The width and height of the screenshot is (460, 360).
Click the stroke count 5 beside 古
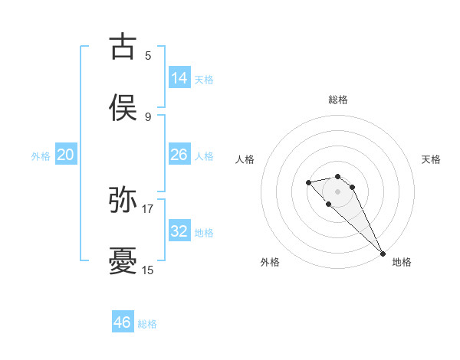[x=148, y=55]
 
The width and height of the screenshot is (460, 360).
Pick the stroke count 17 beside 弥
[x=148, y=208]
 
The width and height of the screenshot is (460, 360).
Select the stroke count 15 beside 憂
[x=148, y=270]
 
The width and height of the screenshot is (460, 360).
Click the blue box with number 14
[x=179, y=78]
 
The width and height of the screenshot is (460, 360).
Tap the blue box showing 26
[x=179, y=155]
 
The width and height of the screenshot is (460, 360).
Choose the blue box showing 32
[x=179, y=231]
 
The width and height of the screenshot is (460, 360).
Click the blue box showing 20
[x=66, y=155]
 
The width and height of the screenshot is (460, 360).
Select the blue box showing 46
[x=123, y=322]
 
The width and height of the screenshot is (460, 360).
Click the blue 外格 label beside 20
[x=41, y=156]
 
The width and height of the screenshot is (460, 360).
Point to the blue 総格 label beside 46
[x=147, y=324]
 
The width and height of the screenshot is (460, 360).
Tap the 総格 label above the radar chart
[x=338, y=100]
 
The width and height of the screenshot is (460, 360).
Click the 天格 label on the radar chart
[x=432, y=159]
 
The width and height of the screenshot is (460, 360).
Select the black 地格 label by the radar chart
[x=402, y=262]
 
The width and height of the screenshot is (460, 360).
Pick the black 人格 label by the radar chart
[x=245, y=159]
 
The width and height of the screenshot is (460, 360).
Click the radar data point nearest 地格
[x=383, y=253]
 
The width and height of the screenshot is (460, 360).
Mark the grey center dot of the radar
[x=337, y=191]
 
